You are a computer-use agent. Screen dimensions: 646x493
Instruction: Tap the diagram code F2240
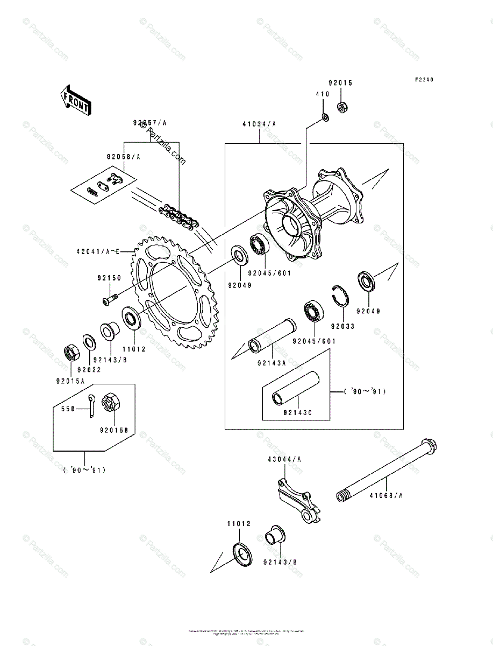click(424, 80)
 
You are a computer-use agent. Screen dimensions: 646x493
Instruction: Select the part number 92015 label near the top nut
click(340, 83)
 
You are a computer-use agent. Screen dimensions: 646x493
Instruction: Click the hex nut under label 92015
click(341, 107)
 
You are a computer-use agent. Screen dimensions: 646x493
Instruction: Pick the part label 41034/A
click(260, 124)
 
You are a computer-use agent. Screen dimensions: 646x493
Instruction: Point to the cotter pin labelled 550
click(92, 405)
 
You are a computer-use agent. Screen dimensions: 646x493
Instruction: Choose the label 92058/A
click(123, 157)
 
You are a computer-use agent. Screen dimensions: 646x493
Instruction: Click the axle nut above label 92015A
click(72, 353)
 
